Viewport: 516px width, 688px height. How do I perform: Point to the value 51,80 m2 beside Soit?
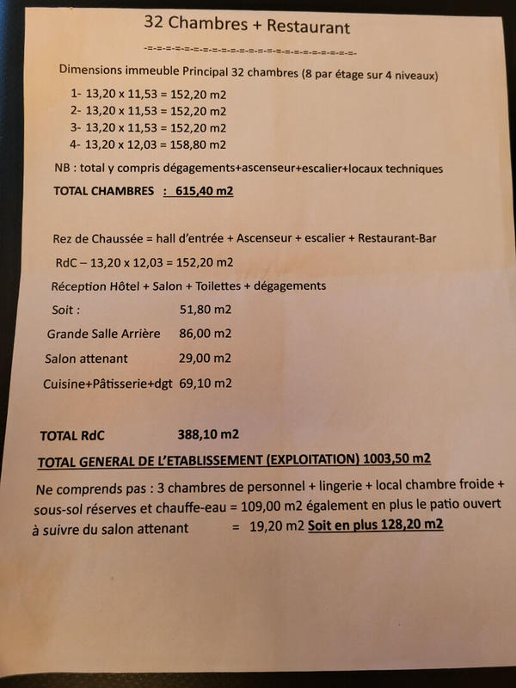pyautogui.click(x=206, y=309)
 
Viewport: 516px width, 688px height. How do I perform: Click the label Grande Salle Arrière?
pyautogui.click(x=103, y=333)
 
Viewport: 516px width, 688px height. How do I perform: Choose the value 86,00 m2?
pyautogui.click(x=206, y=333)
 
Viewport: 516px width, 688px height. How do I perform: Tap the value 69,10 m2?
pyautogui.click(x=205, y=383)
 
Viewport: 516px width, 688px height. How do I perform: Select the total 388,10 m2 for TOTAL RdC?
pyautogui.click(x=207, y=433)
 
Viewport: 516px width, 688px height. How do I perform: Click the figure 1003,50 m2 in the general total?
pyautogui.click(x=397, y=458)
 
